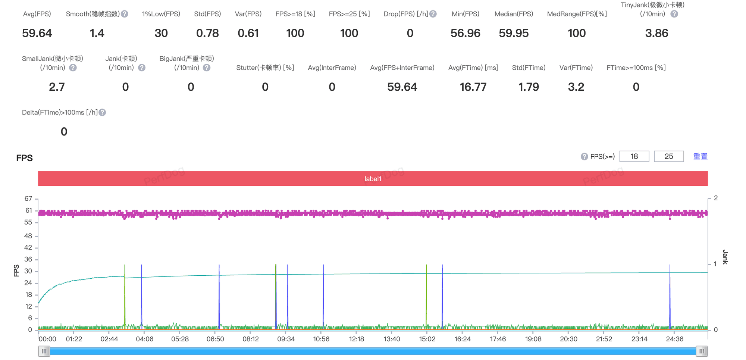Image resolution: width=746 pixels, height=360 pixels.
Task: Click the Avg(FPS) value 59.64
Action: (x=37, y=33)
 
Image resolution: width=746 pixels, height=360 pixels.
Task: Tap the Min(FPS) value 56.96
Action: (x=465, y=33)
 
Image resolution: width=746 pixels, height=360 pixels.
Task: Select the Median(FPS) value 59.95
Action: (x=514, y=33)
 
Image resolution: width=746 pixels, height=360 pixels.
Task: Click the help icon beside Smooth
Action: (x=125, y=14)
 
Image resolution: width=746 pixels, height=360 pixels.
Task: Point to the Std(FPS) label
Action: (x=207, y=14)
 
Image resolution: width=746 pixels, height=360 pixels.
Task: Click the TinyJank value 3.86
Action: (x=656, y=33)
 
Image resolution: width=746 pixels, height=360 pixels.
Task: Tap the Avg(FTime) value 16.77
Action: (x=473, y=87)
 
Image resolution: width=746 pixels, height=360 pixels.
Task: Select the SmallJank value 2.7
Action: (x=57, y=87)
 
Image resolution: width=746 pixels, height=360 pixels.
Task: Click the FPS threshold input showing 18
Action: (x=634, y=156)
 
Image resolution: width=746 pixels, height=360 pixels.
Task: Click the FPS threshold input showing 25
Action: (x=669, y=156)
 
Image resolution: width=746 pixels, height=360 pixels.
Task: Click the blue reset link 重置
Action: (x=700, y=156)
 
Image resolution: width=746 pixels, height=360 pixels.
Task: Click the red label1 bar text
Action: (x=373, y=179)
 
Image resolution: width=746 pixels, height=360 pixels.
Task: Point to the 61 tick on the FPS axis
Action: (x=29, y=210)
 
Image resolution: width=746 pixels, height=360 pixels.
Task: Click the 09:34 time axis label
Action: (x=286, y=339)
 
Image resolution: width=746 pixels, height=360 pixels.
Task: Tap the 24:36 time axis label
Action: (x=674, y=339)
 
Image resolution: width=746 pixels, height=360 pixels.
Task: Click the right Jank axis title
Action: (x=725, y=257)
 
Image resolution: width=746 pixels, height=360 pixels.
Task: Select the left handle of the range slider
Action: (x=44, y=351)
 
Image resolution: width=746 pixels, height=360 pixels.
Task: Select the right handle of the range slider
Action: (x=702, y=351)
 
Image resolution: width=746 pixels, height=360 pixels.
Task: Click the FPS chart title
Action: (x=24, y=158)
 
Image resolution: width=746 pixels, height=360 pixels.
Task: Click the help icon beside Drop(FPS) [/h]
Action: (x=433, y=14)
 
